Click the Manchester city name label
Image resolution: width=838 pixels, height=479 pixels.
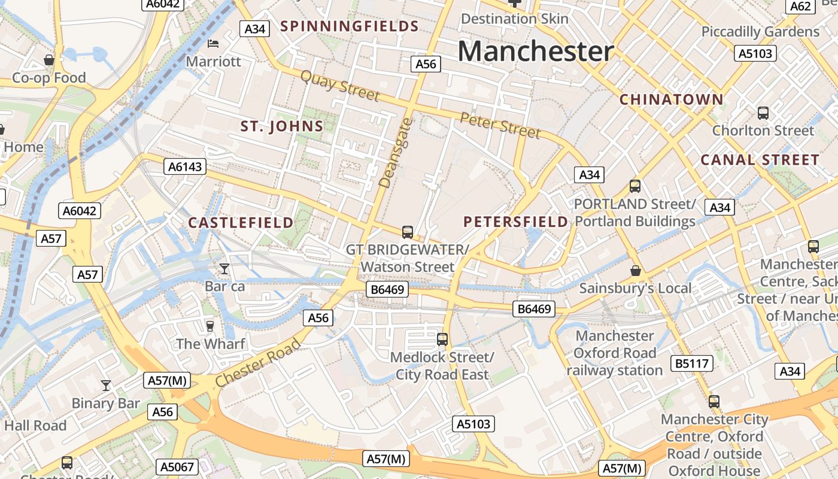point(536,51)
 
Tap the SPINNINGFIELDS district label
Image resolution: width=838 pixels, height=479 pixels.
point(350,26)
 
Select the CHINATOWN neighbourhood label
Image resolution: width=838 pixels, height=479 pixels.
point(672,99)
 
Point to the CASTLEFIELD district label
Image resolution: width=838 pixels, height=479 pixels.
point(241,223)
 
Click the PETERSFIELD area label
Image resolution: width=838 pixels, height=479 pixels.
point(516,222)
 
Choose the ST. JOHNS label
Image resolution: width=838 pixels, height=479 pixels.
point(282,126)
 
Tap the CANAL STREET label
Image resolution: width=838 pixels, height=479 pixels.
point(760,160)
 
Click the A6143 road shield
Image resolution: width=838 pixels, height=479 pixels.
point(185,166)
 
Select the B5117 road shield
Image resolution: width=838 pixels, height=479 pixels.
point(691,363)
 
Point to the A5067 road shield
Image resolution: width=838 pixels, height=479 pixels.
point(178,466)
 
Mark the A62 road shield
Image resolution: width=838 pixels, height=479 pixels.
point(800,7)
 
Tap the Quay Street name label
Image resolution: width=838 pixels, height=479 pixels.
point(340,86)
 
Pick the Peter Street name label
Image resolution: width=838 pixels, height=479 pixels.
point(500,124)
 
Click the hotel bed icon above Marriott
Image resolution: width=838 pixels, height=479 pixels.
point(213,44)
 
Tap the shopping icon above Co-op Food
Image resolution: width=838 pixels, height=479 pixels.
point(49,60)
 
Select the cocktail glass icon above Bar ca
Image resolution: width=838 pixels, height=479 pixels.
point(224,269)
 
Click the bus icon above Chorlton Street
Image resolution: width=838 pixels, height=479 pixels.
point(763,113)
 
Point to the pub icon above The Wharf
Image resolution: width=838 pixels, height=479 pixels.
point(209,326)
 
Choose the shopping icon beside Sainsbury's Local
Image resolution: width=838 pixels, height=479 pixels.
point(636,271)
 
